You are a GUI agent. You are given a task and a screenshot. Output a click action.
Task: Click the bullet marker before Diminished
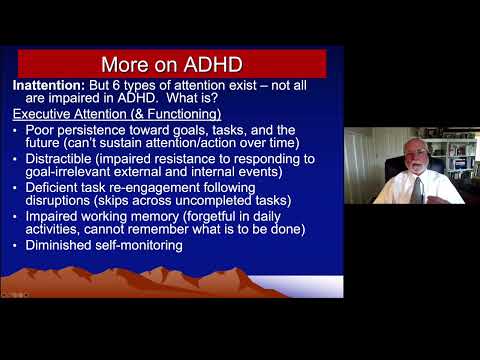tap(17, 245)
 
